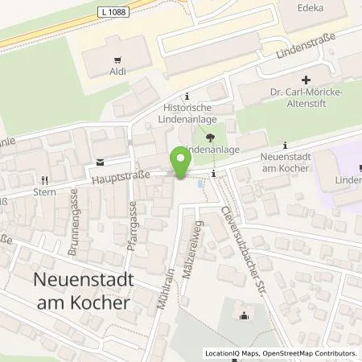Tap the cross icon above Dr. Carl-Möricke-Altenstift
(x=305, y=80)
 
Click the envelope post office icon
(x=99, y=161)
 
